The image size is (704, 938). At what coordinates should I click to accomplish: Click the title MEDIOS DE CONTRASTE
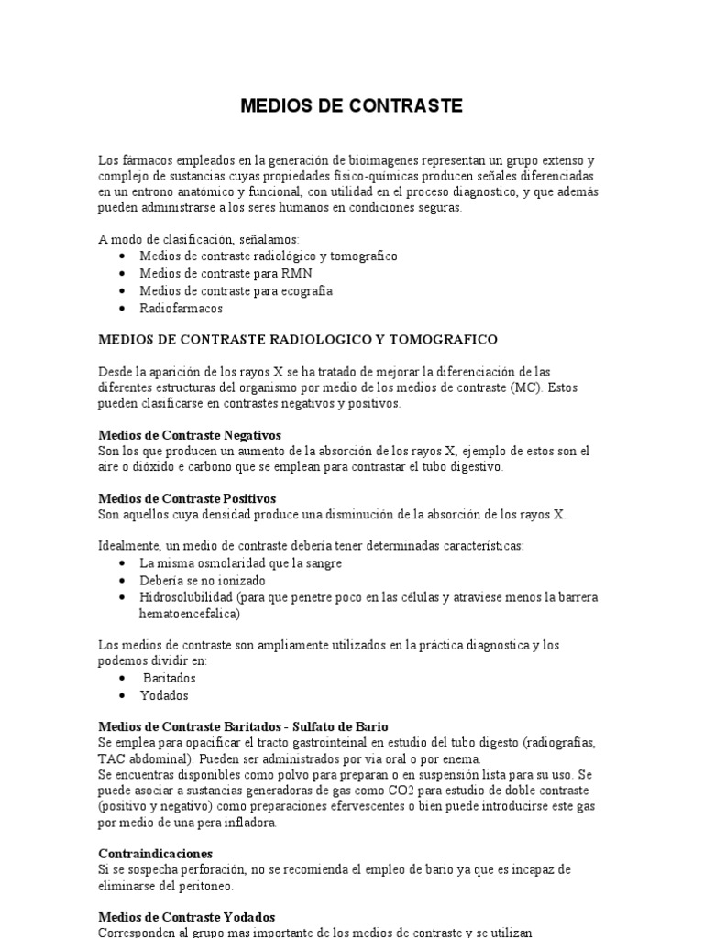352,106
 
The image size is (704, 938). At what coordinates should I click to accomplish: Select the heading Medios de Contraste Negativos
190,434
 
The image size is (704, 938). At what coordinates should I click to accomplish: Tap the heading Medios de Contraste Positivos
187,498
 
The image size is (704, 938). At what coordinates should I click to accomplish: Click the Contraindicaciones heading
155,853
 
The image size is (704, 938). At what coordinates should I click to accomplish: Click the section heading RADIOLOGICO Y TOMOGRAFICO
297,339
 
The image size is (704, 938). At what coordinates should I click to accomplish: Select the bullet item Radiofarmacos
181,309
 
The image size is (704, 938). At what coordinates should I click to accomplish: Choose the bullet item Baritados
170,678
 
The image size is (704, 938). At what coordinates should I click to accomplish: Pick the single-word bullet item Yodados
164,695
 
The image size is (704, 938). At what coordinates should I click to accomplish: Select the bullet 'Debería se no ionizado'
203,581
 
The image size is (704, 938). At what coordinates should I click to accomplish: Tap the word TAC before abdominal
112,758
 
